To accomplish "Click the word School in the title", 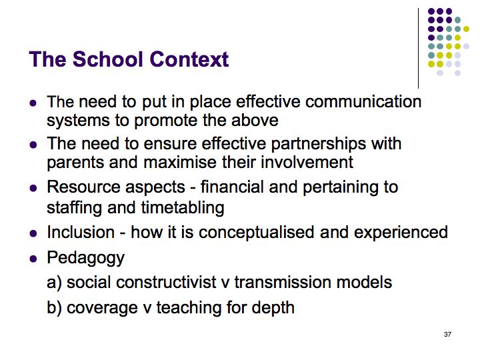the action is (109, 59).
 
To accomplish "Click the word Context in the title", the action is (189, 59).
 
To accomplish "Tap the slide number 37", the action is (447, 334).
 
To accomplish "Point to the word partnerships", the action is (319, 145).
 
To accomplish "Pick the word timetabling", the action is (183, 209).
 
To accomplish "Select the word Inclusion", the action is (81, 232).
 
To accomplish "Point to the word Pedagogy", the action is (86, 259).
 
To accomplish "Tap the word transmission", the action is (283, 282).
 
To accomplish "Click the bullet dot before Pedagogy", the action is (33, 259).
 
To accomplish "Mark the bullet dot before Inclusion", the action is (33, 233).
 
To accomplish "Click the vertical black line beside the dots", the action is (418, 49).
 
